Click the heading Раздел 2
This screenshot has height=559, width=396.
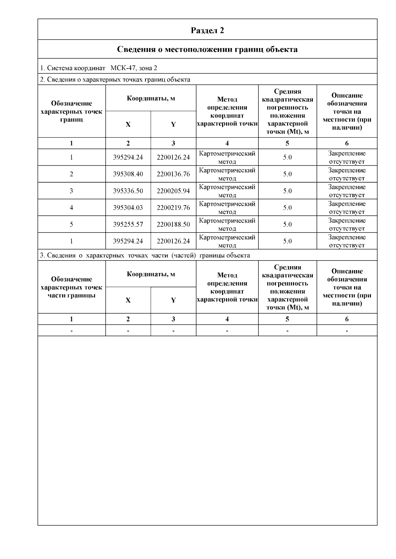(x=207, y=30)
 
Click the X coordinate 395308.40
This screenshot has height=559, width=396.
(x=128, y=174)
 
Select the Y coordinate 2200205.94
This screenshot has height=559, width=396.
(x=173, y=191)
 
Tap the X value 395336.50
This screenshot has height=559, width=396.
(x=128, y=191)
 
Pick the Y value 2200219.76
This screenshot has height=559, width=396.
(x=173, y=208)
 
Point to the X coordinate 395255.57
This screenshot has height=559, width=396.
(x=128, y=224)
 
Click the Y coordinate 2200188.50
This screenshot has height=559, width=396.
(x=173, y=224)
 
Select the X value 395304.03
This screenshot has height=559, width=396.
(x=128, y=208)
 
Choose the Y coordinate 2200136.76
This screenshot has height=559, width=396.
(x=173, y=174)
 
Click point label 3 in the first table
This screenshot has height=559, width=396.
(x=71, y=191)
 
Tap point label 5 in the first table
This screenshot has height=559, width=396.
(x=71, y=224)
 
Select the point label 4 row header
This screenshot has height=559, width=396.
(x=71, y=208)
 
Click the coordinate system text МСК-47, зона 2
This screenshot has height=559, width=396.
(x=134, y=68)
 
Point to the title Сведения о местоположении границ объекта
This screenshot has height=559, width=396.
(x=207, y=49)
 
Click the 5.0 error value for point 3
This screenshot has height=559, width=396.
(x=287, y=191)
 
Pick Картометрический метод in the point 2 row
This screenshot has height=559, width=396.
(x=227, y=174)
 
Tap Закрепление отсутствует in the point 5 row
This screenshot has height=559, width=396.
(x=347, y=224)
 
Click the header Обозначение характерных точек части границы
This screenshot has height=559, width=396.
(x=71, y=287)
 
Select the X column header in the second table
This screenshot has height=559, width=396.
(x=128, y=300)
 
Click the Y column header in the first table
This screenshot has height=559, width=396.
(x=173, y=124)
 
